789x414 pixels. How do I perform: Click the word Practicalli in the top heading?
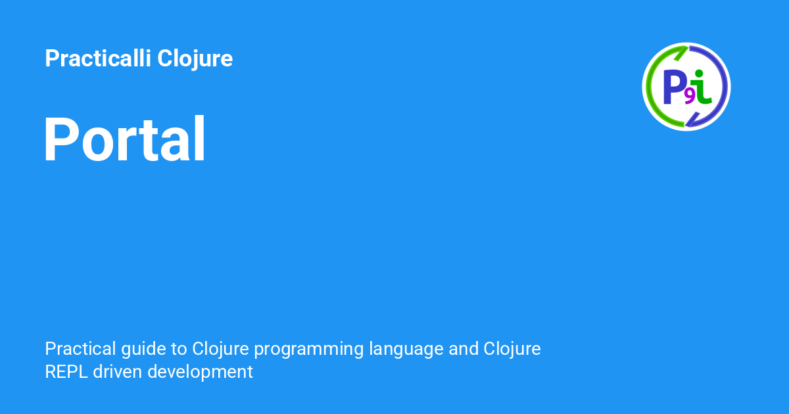[x=98, y=58]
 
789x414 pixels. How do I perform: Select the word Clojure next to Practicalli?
[x=195, y=59]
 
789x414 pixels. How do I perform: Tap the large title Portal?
[x=124, y=139]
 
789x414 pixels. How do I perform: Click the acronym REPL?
[x=66, y=372]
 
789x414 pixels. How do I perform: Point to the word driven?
[x=118, y=372]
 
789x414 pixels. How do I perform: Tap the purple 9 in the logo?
[x=689, y=97]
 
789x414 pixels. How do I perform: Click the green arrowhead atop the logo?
[x=681, y=53]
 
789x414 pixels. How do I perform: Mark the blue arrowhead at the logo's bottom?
[x=692, y=120]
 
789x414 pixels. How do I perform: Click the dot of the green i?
[x=699, y=73]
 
